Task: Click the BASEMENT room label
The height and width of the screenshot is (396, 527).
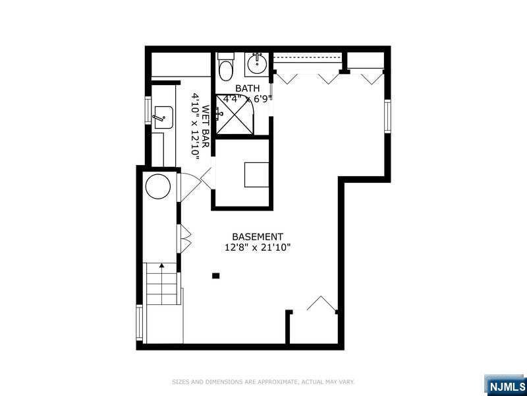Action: coord(258,237)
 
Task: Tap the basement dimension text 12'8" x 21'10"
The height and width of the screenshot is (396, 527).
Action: coord(258,248)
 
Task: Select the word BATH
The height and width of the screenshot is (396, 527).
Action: coord(248,88)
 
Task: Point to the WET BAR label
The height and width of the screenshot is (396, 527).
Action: coord(206,127)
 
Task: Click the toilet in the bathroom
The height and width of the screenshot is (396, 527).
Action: coord(225,67)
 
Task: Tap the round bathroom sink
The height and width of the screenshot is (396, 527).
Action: coord(257,62)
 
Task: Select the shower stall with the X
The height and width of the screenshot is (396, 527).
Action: coord(235,115)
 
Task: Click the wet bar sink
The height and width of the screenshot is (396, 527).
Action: coord(163,117)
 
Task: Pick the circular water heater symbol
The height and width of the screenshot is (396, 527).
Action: coord(158,186)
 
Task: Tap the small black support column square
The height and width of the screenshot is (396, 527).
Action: coord(216,276)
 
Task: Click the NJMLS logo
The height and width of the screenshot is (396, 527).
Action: coord(505,385)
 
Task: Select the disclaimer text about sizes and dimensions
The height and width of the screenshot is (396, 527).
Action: coord(263,382)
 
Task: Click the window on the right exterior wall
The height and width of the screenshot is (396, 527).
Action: coord(387,116)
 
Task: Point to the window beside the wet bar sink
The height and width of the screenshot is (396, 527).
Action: coord(148,110)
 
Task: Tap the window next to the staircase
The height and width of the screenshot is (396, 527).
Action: coord(139,322)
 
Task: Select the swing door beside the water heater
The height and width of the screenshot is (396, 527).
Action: coord(189,187)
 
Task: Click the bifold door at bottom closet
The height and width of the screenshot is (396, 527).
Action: coord(321,304)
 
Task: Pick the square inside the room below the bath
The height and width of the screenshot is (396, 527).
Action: coord(256,175)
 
